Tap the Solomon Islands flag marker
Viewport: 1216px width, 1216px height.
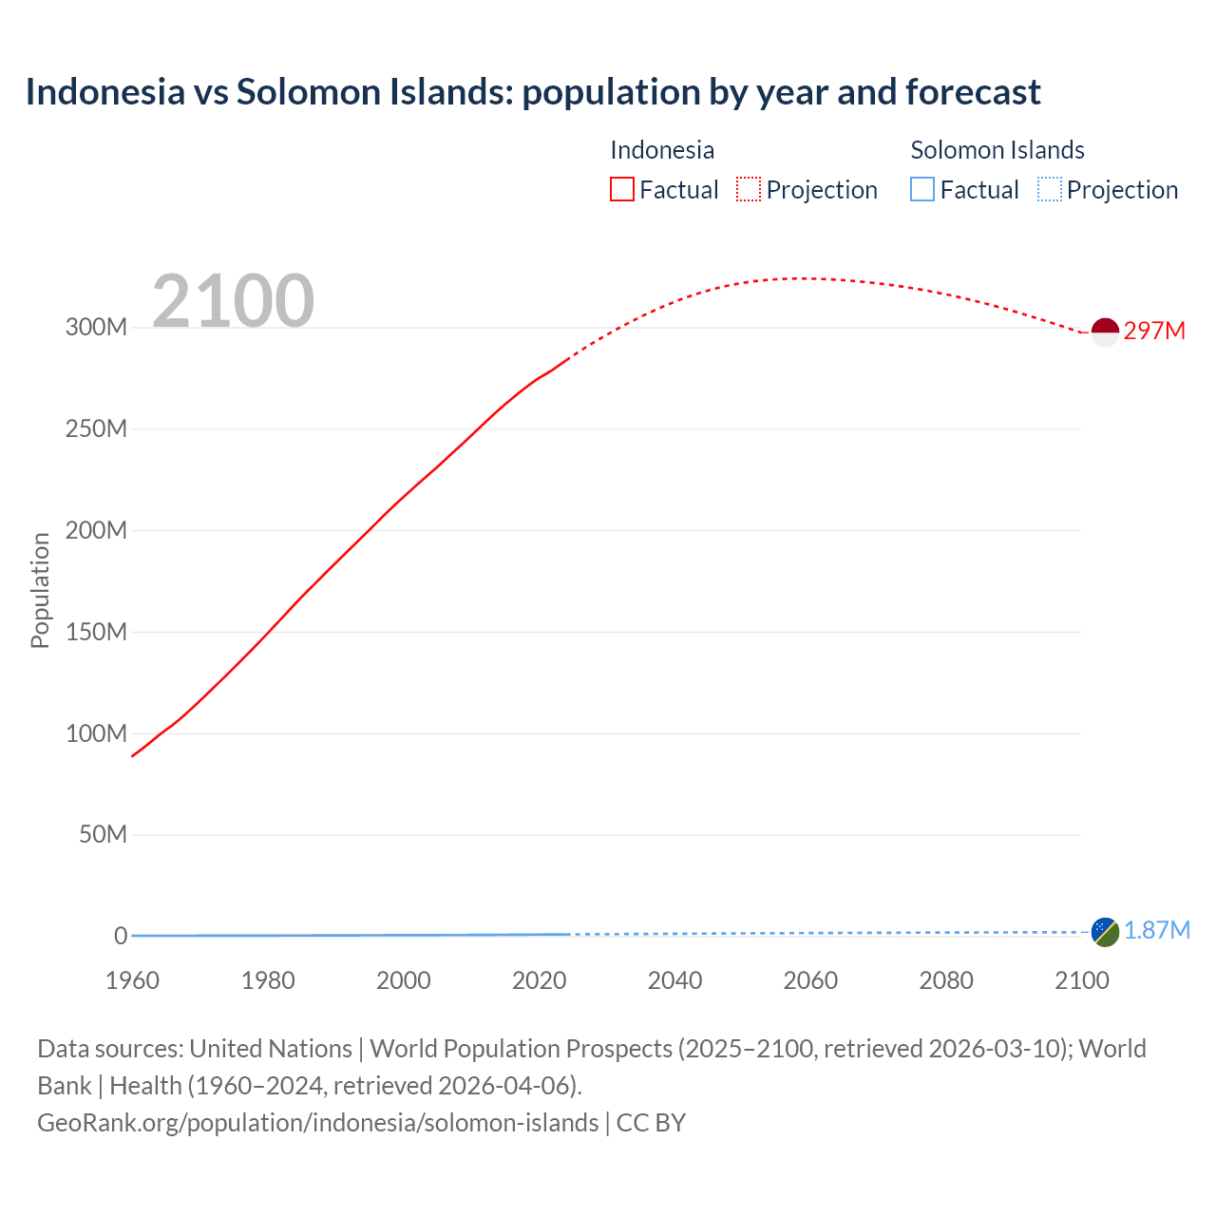click(1105, 931)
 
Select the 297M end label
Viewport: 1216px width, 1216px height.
click(1154, 331)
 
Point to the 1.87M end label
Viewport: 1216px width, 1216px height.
click(1156, 930)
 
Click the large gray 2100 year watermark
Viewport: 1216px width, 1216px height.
click(233, 301)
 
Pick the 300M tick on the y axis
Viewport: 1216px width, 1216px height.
click(96, 328)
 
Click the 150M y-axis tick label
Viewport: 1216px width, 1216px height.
click(96, 632)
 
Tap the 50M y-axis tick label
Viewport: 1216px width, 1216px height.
click(103, 834)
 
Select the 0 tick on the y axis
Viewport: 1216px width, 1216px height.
click(121, 936)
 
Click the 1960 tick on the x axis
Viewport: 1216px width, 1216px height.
click(132, 980)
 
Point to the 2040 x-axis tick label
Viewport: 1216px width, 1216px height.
click(674, 980)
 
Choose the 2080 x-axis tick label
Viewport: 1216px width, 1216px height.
click(946, 980)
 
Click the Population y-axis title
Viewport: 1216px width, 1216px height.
click(40, 590)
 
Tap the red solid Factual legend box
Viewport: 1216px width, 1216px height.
click(622, 189)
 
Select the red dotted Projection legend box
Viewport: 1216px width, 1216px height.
click(749, 189)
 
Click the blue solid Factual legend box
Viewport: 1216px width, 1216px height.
click(922, 189)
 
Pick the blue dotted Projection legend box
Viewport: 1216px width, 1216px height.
click(1050, 189)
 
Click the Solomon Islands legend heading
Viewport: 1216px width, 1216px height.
click(997, 150)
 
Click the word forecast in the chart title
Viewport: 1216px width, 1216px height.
click(973, 92)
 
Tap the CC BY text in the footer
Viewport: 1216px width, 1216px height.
click(651, 1123)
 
